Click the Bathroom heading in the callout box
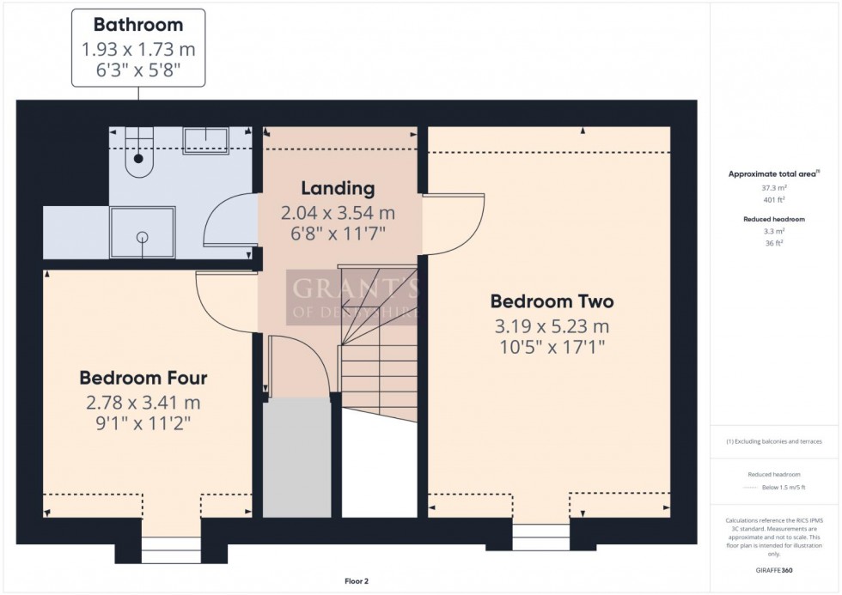(x=137, y=25)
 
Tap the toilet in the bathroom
(x=137, y=153)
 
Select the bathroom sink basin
(x=205, y=140)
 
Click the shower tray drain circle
(x=143, y=236)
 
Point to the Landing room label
(x=338, y=188)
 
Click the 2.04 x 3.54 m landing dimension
(x=338, y=212)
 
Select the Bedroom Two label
(x=552, y=301)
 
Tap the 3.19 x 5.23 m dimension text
(x=552, y=326)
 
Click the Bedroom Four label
(x=143, y=378)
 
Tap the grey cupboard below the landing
(x=296, y=457)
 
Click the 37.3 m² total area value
(x=774, y=187)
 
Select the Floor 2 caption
(x=356, y=581)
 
